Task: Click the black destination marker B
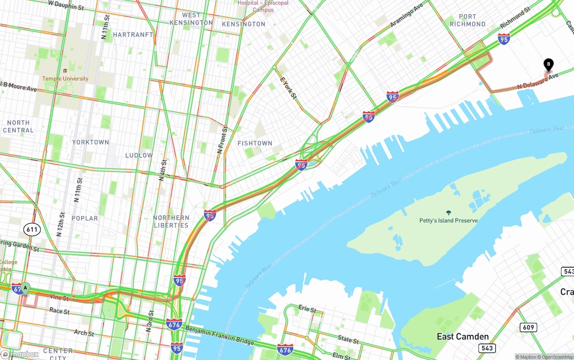point(548,65)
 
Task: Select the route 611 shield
point(32,230)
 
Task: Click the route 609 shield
point(528,327)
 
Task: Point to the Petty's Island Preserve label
point(448,221)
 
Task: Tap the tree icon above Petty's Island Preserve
point(448,213)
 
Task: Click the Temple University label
point(65,78)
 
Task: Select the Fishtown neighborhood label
point(255,143)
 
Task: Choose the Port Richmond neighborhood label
point(467,20)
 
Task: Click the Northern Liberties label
point(171,221)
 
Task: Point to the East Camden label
point(462,337)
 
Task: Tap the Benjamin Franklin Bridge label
point(220,336)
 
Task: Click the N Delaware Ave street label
point(538,81)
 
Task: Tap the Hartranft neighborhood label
point(133,35)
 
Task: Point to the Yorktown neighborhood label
point(91,142)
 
